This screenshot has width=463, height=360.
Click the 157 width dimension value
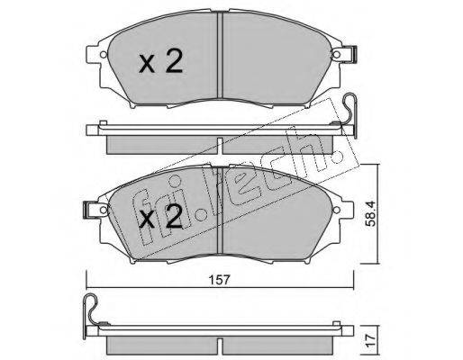(x=219, y=280)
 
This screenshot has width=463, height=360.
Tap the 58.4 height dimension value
(x=372, y=214)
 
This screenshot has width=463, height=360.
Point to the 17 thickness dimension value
(x=371, y=341)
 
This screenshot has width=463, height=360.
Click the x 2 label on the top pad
(x=160, y=61)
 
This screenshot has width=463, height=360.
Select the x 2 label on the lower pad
(x=160, y=216)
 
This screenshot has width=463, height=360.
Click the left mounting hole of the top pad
(x=104, y=55)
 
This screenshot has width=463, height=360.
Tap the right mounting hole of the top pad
(x=337, y=55)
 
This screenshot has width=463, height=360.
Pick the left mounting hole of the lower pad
(x=104, y=209)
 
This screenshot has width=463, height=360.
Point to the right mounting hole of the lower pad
(x=337, y=209)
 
